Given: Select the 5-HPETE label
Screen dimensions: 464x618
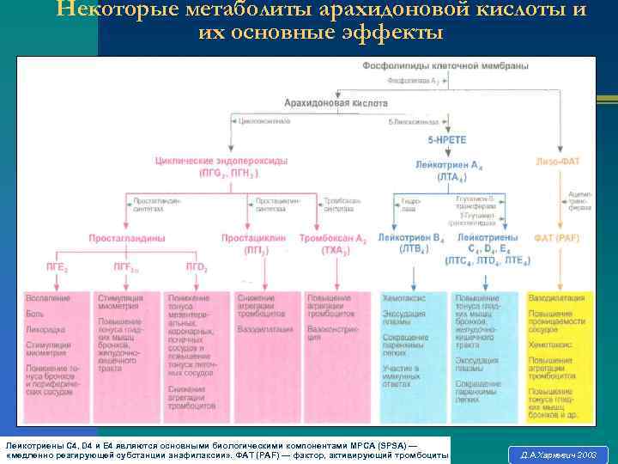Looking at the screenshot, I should point(445,139).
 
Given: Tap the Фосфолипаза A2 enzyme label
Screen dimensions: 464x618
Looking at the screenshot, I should point(415,81).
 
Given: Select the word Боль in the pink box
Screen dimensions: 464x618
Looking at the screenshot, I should point(33,314).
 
